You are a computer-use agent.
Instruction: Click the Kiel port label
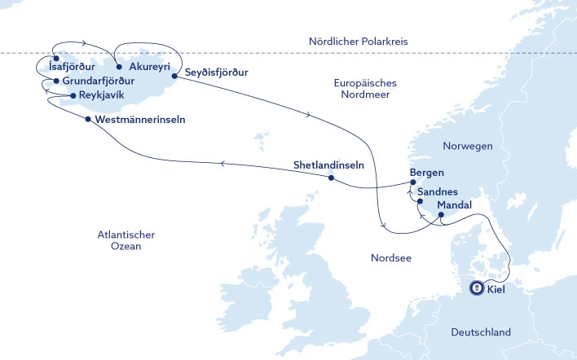[494, 288]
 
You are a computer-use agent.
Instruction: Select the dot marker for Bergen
[413, 182]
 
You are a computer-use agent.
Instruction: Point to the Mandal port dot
[441, 215]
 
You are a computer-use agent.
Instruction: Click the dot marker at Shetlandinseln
[331, 178]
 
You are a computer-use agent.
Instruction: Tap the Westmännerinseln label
[140, 119]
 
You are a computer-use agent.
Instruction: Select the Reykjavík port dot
[73, 96]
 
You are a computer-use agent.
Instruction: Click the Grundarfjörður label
[98, 81]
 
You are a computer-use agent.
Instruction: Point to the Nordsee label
[390, 258]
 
